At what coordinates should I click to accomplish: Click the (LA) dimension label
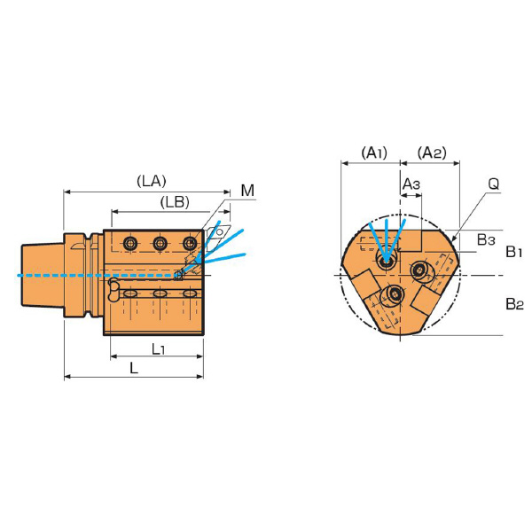tap(152, 181)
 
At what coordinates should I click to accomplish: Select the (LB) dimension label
tap(175, 202)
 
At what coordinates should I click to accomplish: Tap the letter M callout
tap(247, 191)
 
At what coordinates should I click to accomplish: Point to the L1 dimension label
tap(158, 348)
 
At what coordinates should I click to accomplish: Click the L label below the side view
tap(134, 368)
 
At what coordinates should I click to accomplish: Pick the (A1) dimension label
tap(374, 153)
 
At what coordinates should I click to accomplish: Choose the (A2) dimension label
tap(432, 153)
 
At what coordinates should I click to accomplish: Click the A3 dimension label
tap(411, 184)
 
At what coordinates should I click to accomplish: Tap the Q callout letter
tap(494, 184)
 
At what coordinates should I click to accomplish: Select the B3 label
tap(486, 239)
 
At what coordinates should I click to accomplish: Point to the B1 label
tap(513, 252)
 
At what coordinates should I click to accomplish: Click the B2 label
tap(514, 303)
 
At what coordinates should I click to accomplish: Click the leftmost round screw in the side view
tap(130, 243)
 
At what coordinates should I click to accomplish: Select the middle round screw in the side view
tap(160, 243)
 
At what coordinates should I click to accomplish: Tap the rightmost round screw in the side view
tap(190, 243)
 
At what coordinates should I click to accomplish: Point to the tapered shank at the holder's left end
tap(43, 275)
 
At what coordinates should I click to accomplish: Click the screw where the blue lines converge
tap(386, 262)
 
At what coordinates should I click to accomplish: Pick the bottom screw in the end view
tap(395, 294)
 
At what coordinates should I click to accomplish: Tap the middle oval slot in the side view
tap(160, 293)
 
